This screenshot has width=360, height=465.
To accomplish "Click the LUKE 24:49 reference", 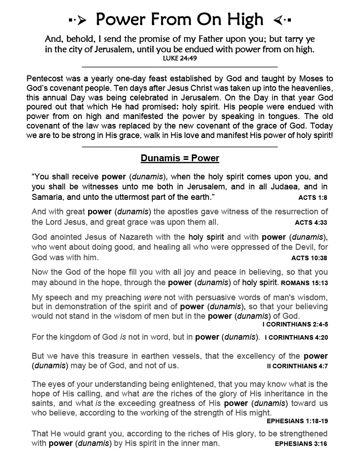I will (180, 58).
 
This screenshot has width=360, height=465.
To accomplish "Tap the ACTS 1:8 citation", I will (313, 198).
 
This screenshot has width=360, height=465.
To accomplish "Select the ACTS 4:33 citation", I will (311, 223).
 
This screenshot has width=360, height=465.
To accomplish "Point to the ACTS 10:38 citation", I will (309, 257).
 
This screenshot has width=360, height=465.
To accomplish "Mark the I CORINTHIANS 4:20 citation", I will (296, 337).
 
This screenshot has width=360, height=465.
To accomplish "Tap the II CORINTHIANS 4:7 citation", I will (297, 366).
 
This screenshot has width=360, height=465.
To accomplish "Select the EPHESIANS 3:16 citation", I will (301, 444).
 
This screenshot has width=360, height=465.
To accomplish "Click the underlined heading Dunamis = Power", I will (180, 158).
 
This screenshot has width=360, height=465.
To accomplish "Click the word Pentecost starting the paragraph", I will (46, 78).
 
